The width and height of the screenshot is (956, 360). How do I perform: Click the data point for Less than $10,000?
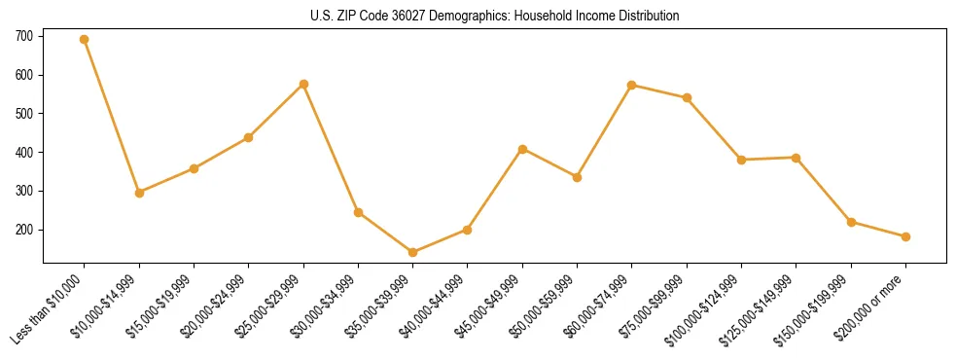pyautogui.click(x=85, y=40)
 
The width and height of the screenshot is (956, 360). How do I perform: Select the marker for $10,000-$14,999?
pyautogui.click(x=139, y=193)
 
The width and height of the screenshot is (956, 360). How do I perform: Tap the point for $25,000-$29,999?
pyautogui.click(x=303, y=84)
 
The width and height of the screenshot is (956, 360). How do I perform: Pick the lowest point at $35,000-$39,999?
pyautogui.click(x=412, y=252)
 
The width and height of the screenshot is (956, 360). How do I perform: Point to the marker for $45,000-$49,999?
pyautogui.click(x=522, y=149)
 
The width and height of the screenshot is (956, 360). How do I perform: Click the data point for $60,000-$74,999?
pyautogui.click(x=632, y=85)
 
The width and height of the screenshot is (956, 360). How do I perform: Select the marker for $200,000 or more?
pyautogui.click(x=905, y=236)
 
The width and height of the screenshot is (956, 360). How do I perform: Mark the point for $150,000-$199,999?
pyautogui.click(x=851, y=222)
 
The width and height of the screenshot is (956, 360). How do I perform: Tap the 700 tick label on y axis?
pyautogui.click(x=24, y=36)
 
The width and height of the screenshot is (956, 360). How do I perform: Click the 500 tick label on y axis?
pyautogui.click(x=24, y=114)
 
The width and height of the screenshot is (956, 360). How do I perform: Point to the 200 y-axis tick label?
pyautogui.click(x=24, y=231)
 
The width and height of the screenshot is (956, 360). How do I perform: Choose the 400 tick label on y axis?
pyautogui.click(x=24, y=153)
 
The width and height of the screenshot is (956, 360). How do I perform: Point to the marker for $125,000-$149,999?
pyautogui.click(x=796, y=158)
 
